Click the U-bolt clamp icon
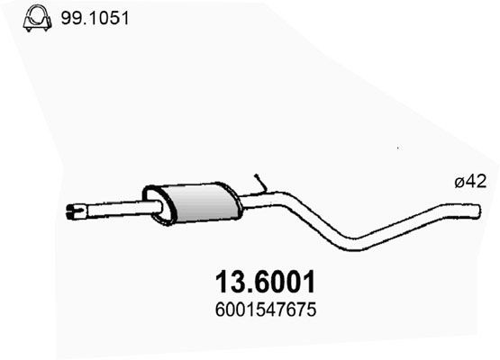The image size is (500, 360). pyautogui.click(x=37, y=19)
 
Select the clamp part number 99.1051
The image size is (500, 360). pyautogui.click(x=95, y=18)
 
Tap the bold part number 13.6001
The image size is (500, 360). pyautogui.click(x=265, y=283)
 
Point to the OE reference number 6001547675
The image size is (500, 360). pyautogui.click(x=266, y=310)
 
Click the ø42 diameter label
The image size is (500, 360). pyautogui.click(x=470, y=182)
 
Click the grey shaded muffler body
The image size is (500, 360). pyautogui.click(x=205, y=202)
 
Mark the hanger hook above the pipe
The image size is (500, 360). pyautogui.click(x=261, y=184)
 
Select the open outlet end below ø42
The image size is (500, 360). pyautogui.click(x=477, y=211)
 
